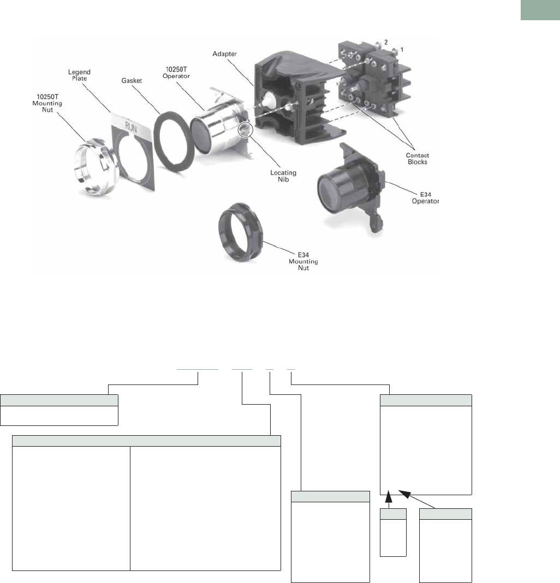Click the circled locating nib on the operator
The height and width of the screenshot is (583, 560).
[x=245, y=130]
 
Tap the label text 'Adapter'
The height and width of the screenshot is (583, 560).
[x=224, y=54]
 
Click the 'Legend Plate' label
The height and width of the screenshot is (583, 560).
[x=79, y=75]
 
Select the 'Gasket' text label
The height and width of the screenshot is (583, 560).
[x=132, y=80]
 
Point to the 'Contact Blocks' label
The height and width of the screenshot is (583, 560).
[x=417, y=158]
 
